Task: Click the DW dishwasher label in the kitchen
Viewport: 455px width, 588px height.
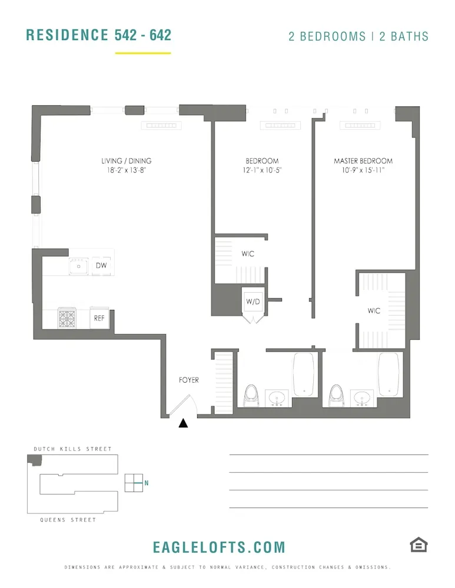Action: [x=102, y=266]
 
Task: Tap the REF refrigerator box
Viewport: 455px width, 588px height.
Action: [x=99, y=318]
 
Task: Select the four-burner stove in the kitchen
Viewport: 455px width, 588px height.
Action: [x=67, y=318]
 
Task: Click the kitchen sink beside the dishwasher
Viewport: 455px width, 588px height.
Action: [x=78, y=266]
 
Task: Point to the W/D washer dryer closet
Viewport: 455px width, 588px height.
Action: [x=253, y=302]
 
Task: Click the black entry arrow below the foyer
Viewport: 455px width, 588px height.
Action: [x=183, y=423]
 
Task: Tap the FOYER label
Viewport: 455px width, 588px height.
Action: [x=189, y=380]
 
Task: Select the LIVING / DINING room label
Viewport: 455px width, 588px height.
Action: [x=125, y=161]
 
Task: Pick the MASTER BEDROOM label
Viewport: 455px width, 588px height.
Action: [x=363, y=161]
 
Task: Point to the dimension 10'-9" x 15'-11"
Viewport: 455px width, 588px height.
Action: [x=363, y=171]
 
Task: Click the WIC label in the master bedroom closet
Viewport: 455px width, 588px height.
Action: [x=374, y=310]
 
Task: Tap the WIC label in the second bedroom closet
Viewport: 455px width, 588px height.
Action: [x=248, y=254]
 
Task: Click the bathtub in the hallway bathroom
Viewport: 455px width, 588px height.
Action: [x=304, y=374]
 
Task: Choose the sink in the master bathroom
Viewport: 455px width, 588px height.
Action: [x=362, y=398]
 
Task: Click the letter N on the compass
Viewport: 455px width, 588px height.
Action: [x=146, y=483]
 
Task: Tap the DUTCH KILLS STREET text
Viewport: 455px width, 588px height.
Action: [x=72, y=449]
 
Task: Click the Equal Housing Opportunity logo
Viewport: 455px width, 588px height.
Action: [x=419, y=545]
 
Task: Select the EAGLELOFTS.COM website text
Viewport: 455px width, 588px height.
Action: [x=219, y=547]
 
